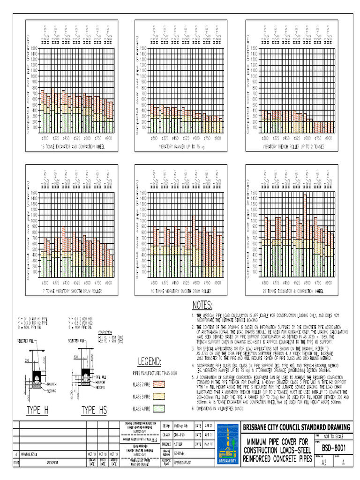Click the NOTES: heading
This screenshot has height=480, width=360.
point(202,306)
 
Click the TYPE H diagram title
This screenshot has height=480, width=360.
point(37,411)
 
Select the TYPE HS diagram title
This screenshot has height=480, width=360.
point(94,411)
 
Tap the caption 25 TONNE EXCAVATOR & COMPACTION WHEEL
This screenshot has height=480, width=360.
point(293,291)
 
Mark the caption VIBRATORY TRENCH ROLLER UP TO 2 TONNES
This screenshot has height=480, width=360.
point(293,147)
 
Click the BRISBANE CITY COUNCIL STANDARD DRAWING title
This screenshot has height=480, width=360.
point(296,427)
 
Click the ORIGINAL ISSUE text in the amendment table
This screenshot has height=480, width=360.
point(31,455)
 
